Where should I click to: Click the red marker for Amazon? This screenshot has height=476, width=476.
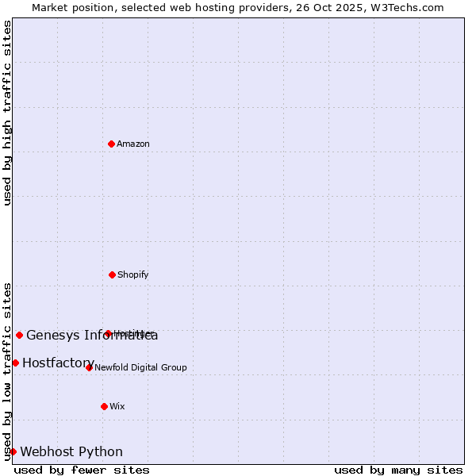pos(111,144)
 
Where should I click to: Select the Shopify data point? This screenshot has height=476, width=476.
pos(112,274)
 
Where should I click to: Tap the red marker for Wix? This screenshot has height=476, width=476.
pos(104,406)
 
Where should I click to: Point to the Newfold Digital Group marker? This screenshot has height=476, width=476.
pos(89,367)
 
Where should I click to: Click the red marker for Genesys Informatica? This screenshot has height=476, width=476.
pos(19,335)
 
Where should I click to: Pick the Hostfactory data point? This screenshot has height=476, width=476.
pos(15,363)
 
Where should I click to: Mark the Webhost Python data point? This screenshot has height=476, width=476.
pos(13,451)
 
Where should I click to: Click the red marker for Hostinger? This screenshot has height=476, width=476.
pos(108,333)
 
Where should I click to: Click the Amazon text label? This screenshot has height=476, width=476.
pos(133,144)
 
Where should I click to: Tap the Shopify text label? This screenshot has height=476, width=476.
pos(133,274)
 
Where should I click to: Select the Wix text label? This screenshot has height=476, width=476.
pos(117,406)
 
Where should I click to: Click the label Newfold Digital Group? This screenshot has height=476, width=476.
pos(141,367)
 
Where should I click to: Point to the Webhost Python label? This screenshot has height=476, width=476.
pos(71,451)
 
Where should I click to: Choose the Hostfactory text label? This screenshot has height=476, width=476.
pos(59,363)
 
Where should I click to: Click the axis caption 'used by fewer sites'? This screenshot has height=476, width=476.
pos(82,470)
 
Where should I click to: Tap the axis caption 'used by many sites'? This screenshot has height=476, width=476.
pos(398,470)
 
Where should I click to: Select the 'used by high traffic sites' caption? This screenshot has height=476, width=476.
pos(7,113)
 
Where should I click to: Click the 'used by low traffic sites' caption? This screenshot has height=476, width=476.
pos(7,370)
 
